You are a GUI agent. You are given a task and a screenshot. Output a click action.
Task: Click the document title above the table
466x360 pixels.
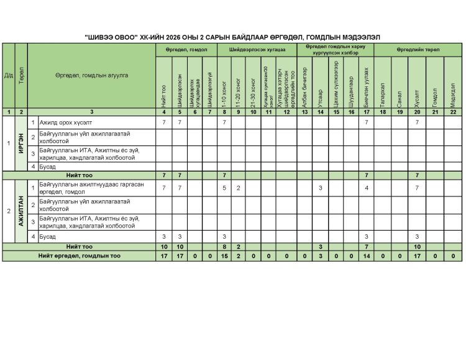[x=232, y=38]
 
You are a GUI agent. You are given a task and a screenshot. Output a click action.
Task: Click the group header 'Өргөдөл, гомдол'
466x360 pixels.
[x=186, y=49]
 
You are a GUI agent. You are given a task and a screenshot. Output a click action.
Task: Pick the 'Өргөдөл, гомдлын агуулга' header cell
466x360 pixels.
[x=91, y=75]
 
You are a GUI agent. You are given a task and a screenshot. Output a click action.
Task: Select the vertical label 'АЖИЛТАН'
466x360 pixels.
[x=21, y=210]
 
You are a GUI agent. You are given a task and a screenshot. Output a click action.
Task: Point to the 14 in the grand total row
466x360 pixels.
[x=367, y=256]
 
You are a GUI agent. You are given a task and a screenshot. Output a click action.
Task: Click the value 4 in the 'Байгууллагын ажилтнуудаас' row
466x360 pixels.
[x=367, y=188]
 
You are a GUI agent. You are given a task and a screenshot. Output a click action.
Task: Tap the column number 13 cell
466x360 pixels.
[x=304, y=112]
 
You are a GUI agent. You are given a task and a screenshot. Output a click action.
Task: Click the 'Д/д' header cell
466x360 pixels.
[x=7, y=75]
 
